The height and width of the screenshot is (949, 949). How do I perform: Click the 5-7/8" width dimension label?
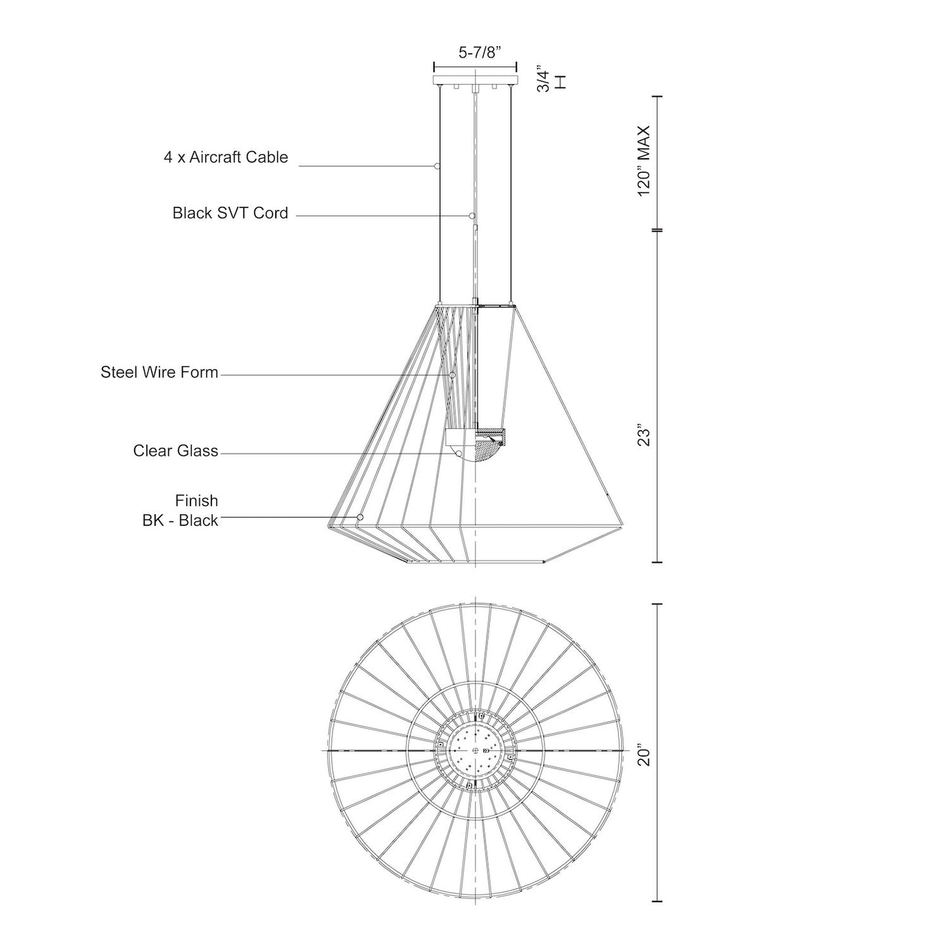[475, 53]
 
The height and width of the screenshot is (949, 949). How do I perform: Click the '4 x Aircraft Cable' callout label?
[226, 158]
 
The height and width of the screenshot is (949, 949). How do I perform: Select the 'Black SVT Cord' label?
[230, 213]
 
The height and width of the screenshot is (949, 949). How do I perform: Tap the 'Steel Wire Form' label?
[159, 372]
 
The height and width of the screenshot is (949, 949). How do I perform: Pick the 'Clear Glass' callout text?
[175, 451]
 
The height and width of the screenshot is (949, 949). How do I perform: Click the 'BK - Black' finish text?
[180, 521]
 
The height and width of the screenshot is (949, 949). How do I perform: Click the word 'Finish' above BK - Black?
[196, 500]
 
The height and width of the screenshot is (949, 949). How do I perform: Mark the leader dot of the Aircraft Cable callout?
[436, 166]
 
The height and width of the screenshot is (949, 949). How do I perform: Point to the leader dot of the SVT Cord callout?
[472, 215]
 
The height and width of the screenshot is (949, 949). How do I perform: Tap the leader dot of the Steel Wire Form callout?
[452, 375]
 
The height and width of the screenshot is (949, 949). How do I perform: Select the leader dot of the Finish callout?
[360, 518]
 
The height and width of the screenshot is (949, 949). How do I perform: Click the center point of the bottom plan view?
[475, 750]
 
